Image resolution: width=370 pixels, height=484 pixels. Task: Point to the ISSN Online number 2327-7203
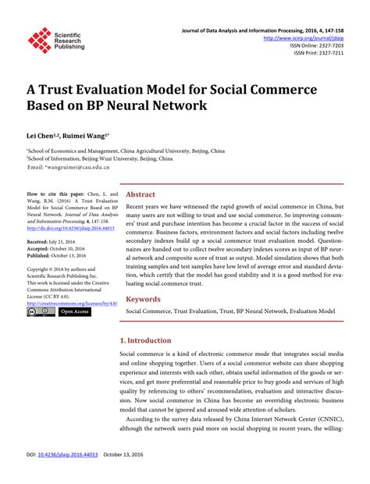pyautogui.click(x=329, y=45)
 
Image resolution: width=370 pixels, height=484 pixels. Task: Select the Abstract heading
pyautogui.click(x=141, y=194)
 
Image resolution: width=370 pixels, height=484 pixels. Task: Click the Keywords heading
pyautogui.click(x=144, y=298)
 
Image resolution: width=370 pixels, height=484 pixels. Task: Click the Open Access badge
pyautogui.click(x=75, y=311)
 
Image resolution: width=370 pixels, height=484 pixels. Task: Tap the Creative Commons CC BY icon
pyautogui.click(x=41, y=311)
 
